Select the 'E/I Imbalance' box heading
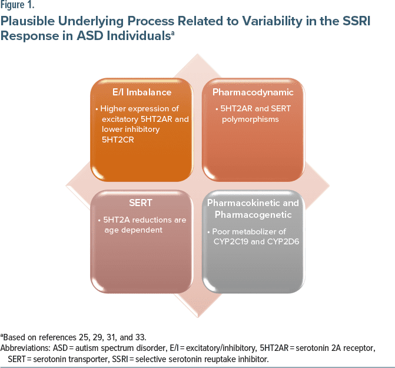coord(141,92)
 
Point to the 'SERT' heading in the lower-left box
coord(141,203)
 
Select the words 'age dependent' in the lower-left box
coord(130,230)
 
